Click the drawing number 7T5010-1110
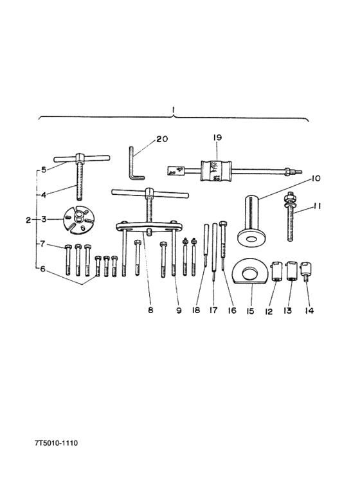pos(56,443)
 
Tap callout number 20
pos(162,139)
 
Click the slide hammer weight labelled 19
pos(217,171)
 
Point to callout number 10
pos(315,179)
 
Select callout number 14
pos(309,311)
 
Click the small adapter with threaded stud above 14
pos(306,270)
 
